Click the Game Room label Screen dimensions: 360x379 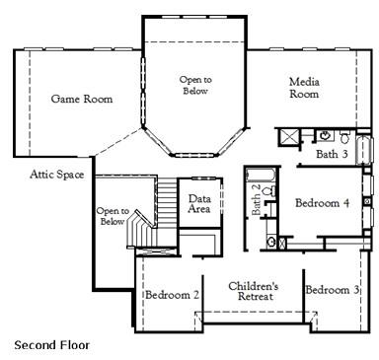click(x=81, y=99)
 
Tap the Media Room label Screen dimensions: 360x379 click(x=304, y=88)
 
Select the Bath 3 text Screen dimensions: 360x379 click(x=333, y=154)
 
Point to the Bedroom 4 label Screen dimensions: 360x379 click(x=322, y=203)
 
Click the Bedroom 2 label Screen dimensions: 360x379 click(x=172, y=294)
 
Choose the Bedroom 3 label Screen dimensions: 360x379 click(x=332, y=290)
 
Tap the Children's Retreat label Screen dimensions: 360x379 click(x=255, y=291)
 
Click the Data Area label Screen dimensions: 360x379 click(x=199, y=204)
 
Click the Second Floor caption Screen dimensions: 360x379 click(x=51, y=345)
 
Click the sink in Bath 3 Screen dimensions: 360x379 click(x=325, y=134)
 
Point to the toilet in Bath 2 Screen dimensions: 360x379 click(x=271, y=240)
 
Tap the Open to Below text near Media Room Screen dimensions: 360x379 click(x=195, y=85)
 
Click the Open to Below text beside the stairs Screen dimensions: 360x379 click(x=112, y=216)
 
